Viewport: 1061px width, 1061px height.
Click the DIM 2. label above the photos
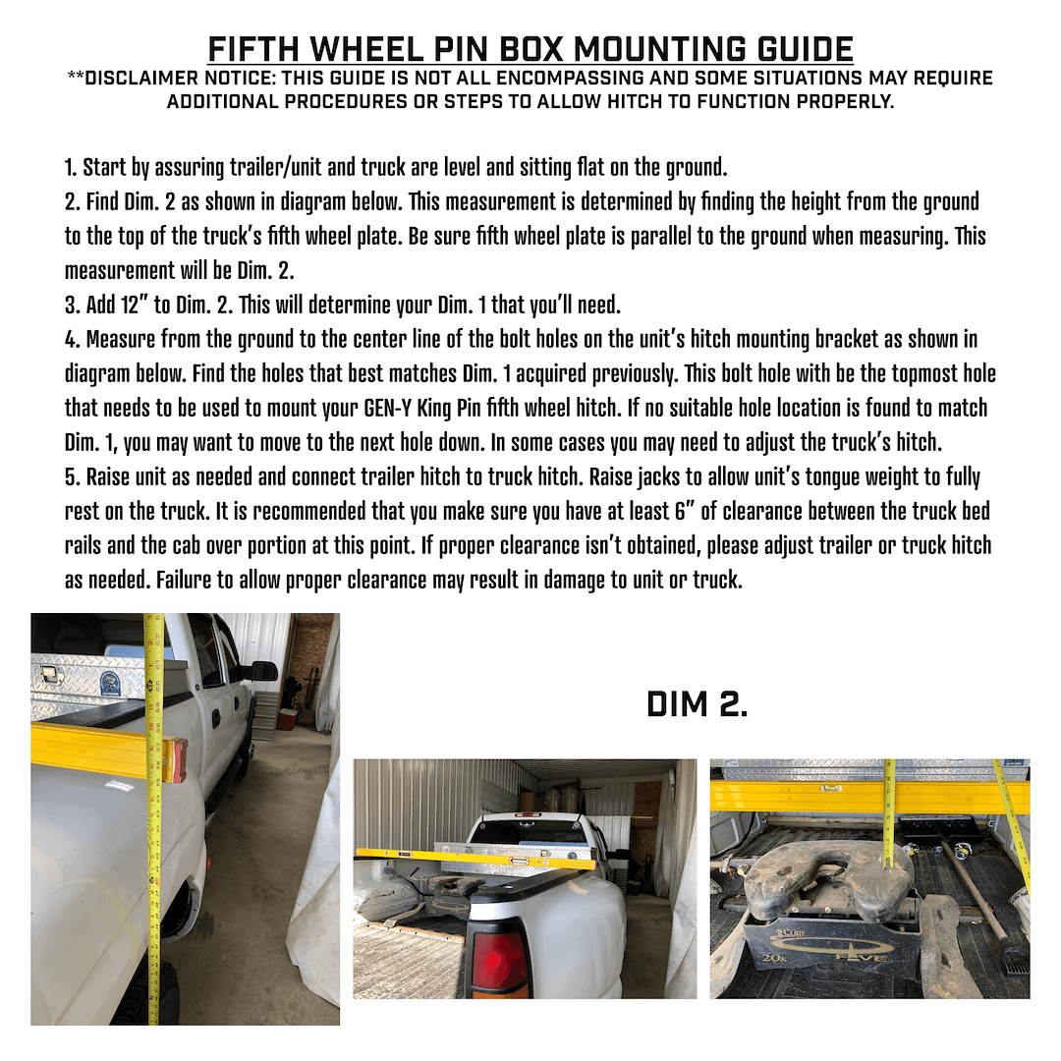coord(697,703)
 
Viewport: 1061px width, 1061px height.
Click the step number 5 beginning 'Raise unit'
coord(70,476)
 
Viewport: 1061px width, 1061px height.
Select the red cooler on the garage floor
coord(287,719)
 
